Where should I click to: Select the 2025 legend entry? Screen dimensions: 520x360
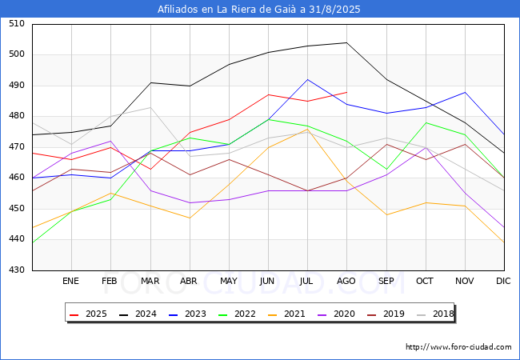tap(89, 314)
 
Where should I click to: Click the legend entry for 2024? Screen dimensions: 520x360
tap(138, 314)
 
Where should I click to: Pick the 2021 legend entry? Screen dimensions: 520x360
tap(286, 314)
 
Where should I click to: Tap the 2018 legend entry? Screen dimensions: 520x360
tap(435, 314)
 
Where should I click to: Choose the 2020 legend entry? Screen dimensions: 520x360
tap(336, 314)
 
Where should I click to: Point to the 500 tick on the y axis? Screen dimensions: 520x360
tap(17, 54)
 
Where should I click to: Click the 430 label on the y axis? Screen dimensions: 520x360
tap(17, 270)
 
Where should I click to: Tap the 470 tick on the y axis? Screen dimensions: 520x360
tap(17, 146)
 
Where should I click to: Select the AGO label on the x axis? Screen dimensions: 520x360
tap(346, 281)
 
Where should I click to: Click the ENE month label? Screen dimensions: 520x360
tap(70, 281)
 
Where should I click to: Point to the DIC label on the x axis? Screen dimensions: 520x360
tap(503, 281)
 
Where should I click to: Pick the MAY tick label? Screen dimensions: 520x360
tap(229, 281)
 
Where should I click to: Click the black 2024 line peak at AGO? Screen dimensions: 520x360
tap(347, 42)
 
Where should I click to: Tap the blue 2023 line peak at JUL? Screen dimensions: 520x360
tap(308, 79)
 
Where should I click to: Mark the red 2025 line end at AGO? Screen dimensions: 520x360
tap(347, 92)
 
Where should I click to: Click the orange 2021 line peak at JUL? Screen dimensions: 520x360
tap(308, 129)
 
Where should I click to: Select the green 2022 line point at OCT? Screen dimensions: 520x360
tap(426, 122)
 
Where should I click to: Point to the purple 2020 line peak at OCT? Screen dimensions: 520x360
tap(426, 147)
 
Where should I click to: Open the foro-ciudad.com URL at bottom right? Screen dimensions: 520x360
tap(458, 347)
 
